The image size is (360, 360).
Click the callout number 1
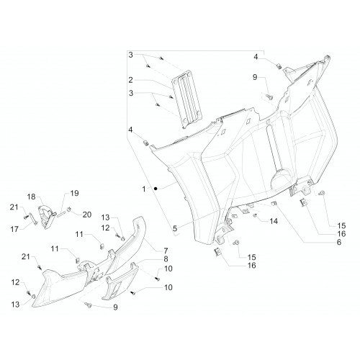coord(144,189)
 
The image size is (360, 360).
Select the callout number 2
coord(130,80)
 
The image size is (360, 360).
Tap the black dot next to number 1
coord(156,189)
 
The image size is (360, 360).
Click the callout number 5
coord(175,228)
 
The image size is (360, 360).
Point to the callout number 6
coord(339,242)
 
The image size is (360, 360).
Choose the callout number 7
coord(166,251)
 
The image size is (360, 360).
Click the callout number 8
coord(166,259)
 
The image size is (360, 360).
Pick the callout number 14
coord(274,221)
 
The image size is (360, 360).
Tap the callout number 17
coord(14,229)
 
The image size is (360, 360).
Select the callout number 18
coord(31,197)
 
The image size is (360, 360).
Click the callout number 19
coord(74,193)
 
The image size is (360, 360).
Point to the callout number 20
coord(87,215)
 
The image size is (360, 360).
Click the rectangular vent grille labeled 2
coord(187,99)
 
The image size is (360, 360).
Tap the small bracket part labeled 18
coord(47,217)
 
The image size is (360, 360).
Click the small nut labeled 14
coord(256,215)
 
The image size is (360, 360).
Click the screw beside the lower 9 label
coord(89,305)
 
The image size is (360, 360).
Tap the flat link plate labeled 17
coord(33,219)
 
